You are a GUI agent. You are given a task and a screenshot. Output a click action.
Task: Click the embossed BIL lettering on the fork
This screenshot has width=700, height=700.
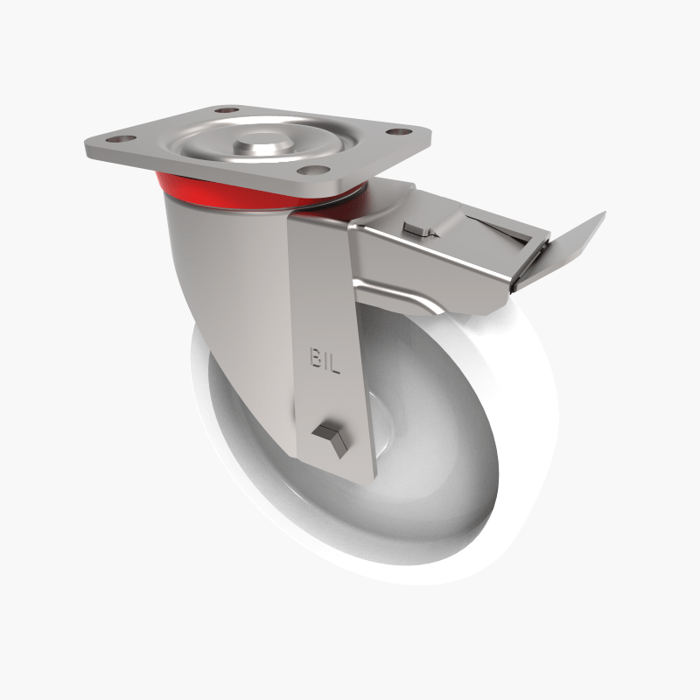(325, 359)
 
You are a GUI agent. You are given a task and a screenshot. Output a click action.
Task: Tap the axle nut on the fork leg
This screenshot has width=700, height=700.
(331, 436)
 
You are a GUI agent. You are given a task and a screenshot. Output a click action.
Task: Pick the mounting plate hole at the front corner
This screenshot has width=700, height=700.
(318, 169)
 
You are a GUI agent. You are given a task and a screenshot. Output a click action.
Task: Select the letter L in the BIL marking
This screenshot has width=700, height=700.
(336, 360)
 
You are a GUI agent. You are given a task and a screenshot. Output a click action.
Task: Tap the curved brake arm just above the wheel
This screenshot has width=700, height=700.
(411, 297)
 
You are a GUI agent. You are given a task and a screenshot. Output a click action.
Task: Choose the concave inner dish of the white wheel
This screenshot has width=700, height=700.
(437, 455)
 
